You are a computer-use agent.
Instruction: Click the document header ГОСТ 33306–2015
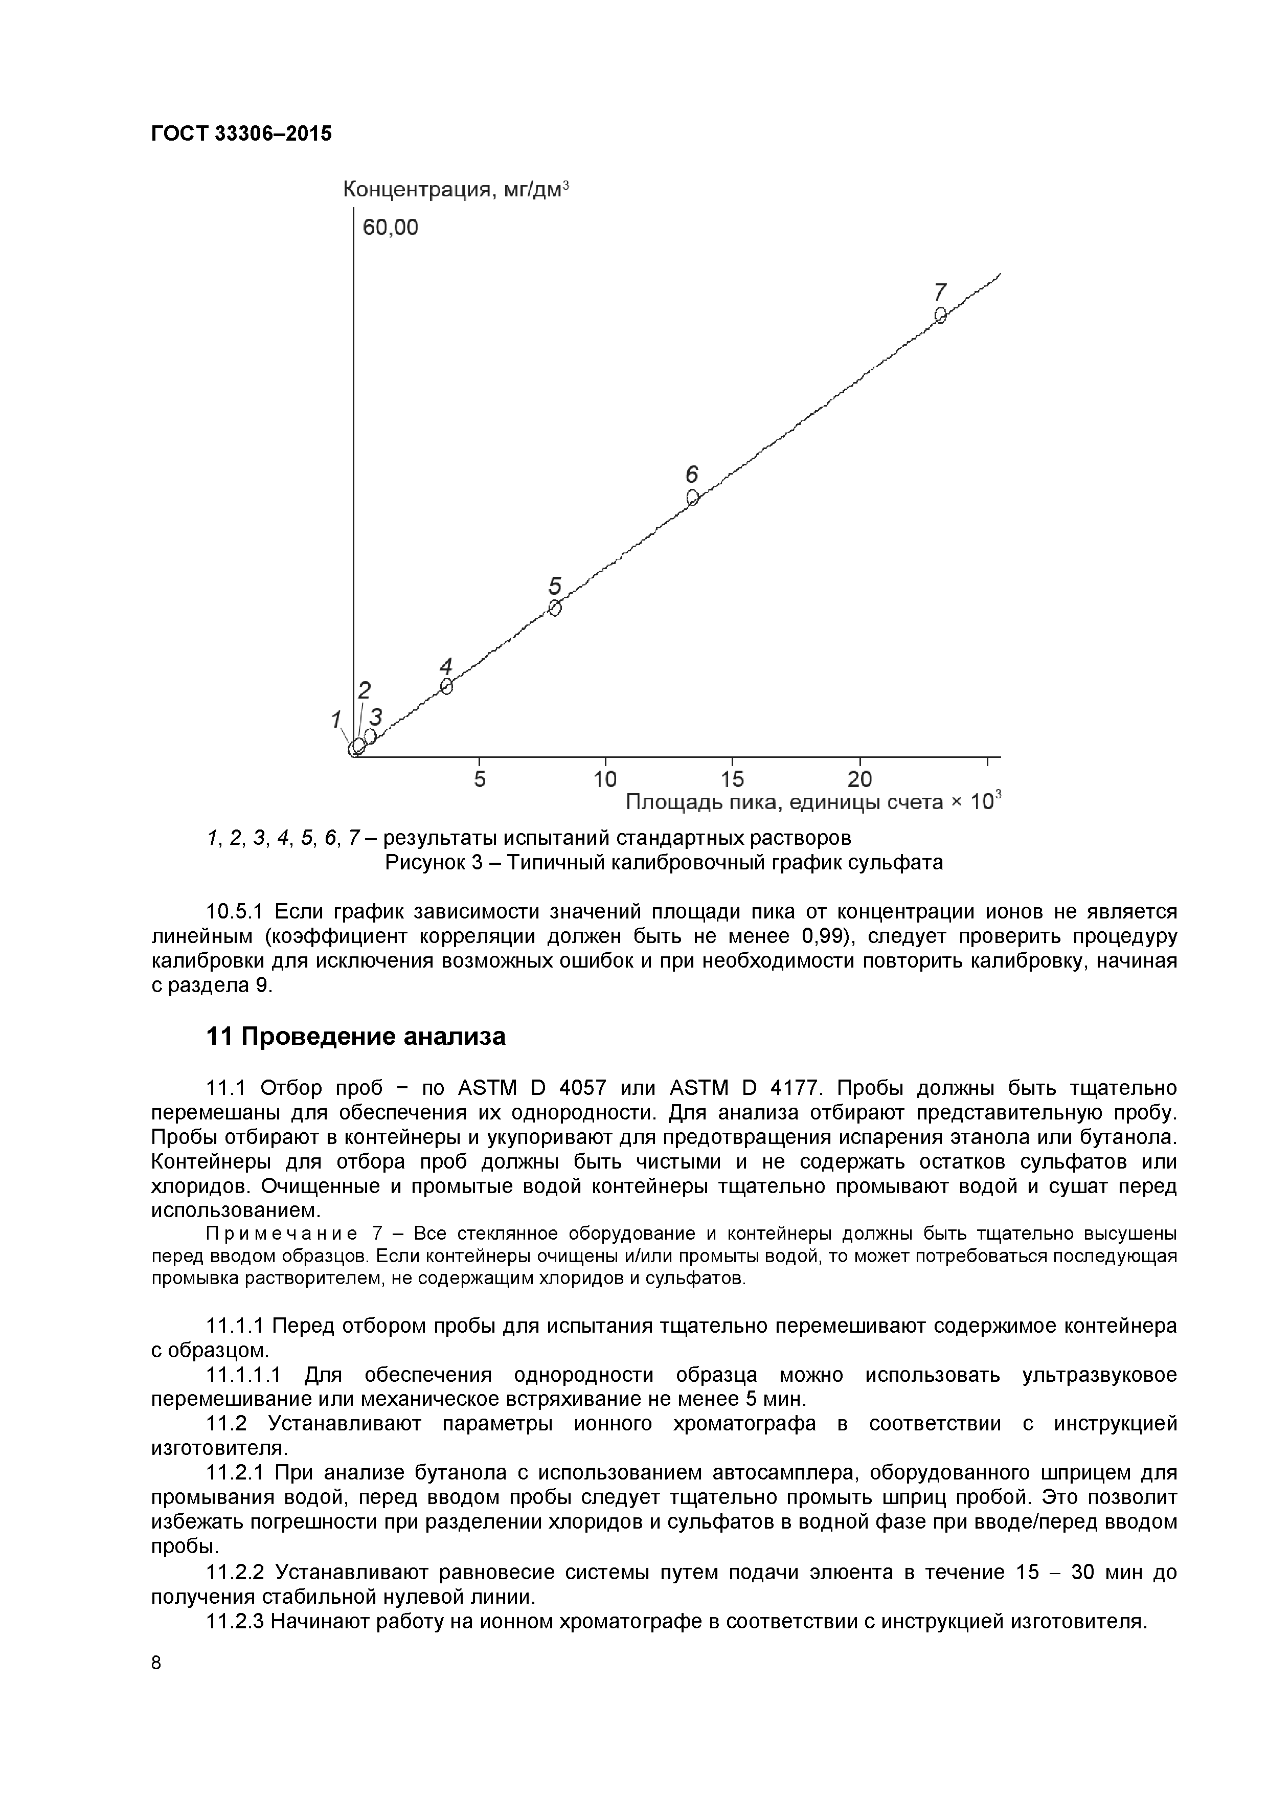pyautogui.click(x=241, y=133)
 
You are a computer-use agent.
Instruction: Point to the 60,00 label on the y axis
pyautogui.click(x=390, y=228)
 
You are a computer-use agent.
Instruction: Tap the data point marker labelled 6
pyautogui.click(x=692, y=497)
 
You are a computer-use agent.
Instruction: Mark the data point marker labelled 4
pyautogui.click(x=446, y=686)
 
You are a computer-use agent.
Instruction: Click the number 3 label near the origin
pyautogui.click(x=376, y=716)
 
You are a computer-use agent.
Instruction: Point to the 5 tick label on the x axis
pyautogui.click(x=480, y=779)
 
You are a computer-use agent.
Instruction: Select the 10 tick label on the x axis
pyautogui.click(x=605, y=779)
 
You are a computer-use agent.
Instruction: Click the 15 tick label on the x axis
pyautogui.click(x=732, y=779)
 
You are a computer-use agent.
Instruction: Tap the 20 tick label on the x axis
pyautogui.click(x=859, y=779)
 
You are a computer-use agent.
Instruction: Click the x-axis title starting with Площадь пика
pyautogui.click(x=812, y=802)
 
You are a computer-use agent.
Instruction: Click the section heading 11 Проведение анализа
pyautogui.click(x=355, y=1037)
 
